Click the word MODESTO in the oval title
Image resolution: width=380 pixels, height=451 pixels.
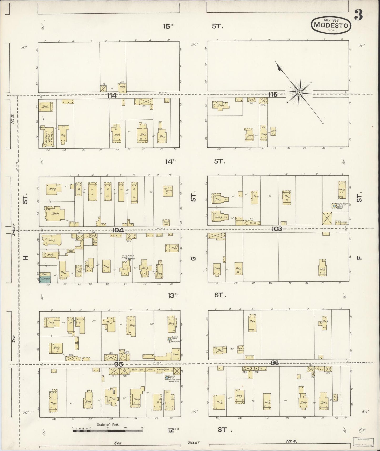(x=331, y=25)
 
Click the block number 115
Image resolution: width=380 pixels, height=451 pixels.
(x=273, y=95)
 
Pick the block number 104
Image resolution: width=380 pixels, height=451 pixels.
(x=118, y=230)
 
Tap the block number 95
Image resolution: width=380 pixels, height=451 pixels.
(x=119, y=365)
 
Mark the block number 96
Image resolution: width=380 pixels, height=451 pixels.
(x=275, y=363)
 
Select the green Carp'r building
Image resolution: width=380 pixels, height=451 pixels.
(x=45, y=279)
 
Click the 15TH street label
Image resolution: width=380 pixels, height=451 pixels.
(x=169, y=26)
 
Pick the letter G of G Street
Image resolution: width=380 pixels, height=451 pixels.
(x=194, y=258)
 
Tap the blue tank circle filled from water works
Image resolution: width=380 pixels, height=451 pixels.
(x=167, y=377)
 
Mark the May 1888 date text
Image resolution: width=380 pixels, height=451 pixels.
(x=331, y=20)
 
